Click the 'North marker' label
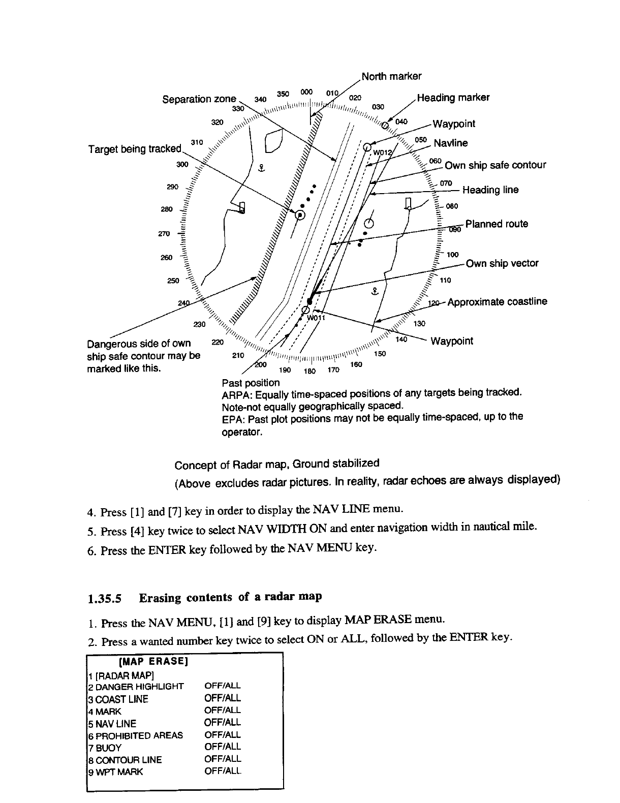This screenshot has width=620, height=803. click(x=391, y=77)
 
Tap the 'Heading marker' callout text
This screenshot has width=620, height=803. click(x=453, y=98)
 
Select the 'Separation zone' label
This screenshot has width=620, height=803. click(x=199, y=99)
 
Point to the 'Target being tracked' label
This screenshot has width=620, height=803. click(x=135, y=149)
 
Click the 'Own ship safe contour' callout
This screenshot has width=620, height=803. click(x=495, y=165)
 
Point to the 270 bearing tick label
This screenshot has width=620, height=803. click(x=164, y=234)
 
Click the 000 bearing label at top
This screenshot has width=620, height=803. click(x=306, y=92)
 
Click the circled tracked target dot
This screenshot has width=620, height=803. click(x=300, y=215)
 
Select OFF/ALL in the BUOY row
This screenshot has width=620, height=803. click(x=223, y=747)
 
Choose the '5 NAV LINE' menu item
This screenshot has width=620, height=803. click(x=112, y=723)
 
